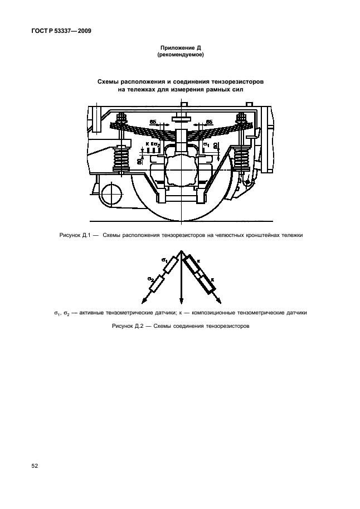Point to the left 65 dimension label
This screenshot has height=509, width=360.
pyautogui.click(x=153, y=121)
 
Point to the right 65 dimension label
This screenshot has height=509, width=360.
pyautogui.click(x=209, y=121)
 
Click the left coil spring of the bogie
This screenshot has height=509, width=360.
pyautogui.click(x=122, y=159)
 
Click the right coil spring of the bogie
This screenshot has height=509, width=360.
pyautogui.click(x=241, y=159)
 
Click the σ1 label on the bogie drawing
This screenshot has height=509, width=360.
pyautogui.click(x=206, y=146)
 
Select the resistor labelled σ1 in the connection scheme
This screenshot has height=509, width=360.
pyautogui.click(x=171, y=265)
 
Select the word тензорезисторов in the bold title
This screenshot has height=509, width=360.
pyautogui.click(x=235, y=81)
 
